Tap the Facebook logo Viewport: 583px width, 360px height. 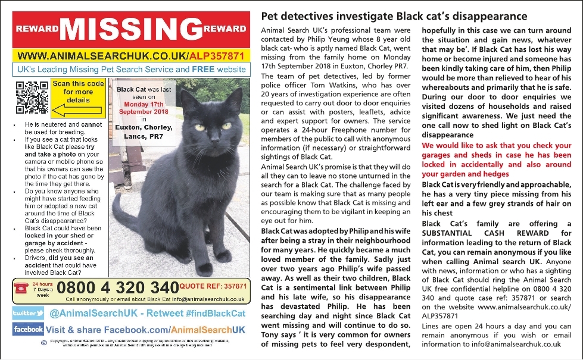(28, 329)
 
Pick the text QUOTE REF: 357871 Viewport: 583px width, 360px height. (213, 286)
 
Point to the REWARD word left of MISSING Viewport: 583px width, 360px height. (36, 29)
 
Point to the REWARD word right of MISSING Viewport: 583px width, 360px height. (225, 29)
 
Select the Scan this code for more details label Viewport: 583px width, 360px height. (78, 92)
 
